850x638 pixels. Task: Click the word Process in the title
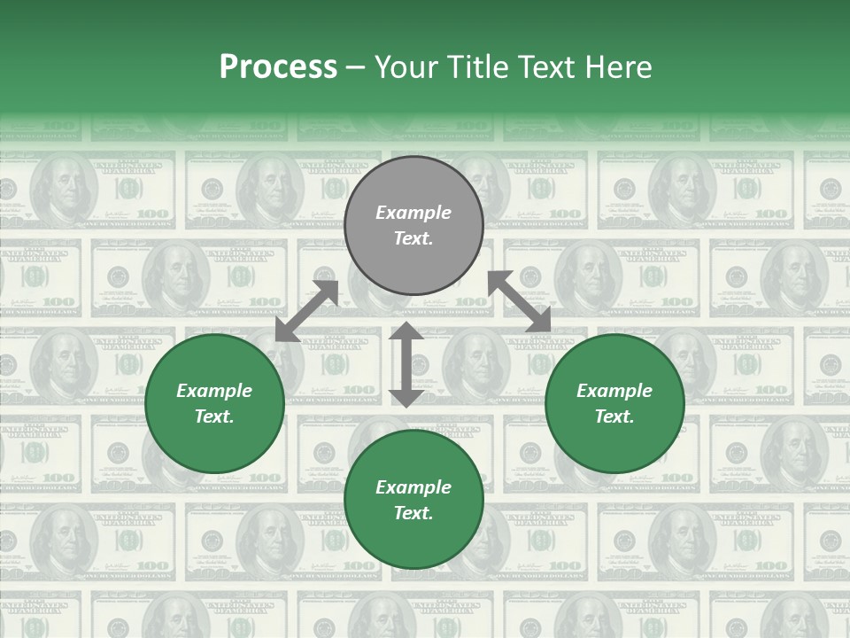[278, 67]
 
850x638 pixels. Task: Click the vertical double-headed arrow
[406, 365]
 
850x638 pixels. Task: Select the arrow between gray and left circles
[306, 311]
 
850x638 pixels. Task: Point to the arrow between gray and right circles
[520, 302]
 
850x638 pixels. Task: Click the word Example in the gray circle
[413, 213]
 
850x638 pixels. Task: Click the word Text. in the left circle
[214, 416]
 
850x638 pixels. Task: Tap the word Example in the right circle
[614, 391]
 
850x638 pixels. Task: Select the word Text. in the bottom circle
[413, 513]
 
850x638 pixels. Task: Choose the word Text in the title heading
[544, 67]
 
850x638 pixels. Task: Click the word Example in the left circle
[214, 391]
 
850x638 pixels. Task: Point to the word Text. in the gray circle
[413, 238]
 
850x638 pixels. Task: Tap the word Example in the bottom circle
[413, 487]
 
